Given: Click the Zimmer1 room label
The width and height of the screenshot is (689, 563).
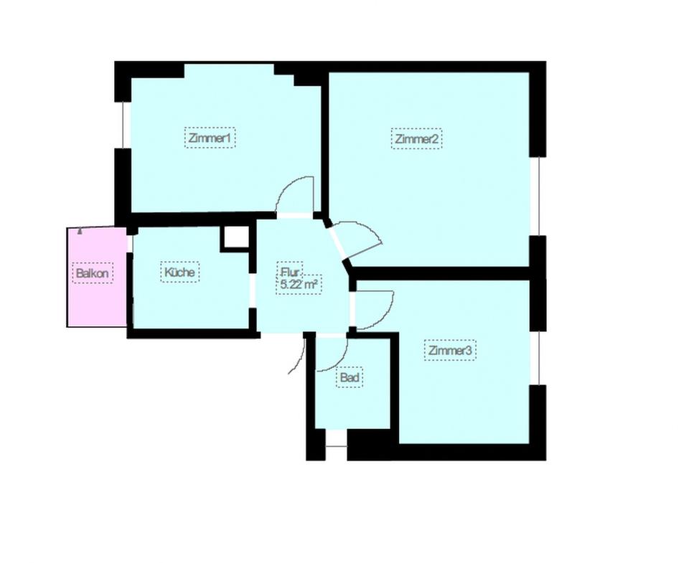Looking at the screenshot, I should tap(210, 138).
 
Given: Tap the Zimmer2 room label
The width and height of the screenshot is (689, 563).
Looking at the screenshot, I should tap(416, 138).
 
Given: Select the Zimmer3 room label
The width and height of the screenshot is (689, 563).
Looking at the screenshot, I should tap(450, 351).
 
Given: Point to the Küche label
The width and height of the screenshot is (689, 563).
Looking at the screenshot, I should tap(179, 273).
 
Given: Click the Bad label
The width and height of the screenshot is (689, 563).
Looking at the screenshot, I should tap(350, 377).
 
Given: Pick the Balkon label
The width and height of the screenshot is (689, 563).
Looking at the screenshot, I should tap(93, 273).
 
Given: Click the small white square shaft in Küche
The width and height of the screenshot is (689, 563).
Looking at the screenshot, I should tap(234, 237).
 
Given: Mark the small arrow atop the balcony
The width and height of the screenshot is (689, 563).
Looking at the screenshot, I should tap(79, 232).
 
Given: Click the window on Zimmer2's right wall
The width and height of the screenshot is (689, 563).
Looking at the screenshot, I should tap(535, 195).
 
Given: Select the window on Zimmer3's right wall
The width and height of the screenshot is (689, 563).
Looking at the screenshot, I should tap(535, 357).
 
